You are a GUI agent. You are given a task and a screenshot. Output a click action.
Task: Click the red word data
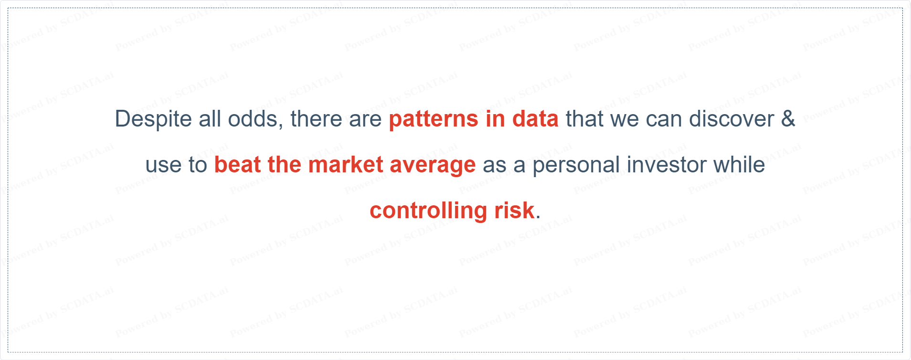(535, 119)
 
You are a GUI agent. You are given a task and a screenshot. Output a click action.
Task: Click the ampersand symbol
(788, 119)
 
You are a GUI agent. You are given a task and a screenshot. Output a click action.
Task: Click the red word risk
(514, 211)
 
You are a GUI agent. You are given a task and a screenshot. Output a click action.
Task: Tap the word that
(584, 119)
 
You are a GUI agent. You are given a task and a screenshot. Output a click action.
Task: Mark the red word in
(495, 119)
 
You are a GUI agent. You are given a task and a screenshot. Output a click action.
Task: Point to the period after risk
(538, 218)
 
